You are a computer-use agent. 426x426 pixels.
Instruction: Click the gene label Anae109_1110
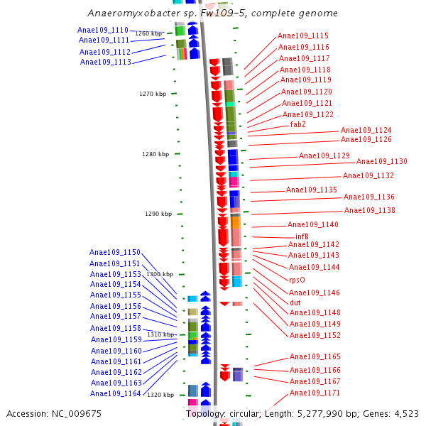pos(103,30)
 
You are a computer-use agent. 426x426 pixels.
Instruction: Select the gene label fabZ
pos(298,124)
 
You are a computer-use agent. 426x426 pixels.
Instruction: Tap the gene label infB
pos(302,236)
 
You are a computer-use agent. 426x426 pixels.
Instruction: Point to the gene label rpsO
pos(297,280)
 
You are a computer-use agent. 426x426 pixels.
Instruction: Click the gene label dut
pos(295,302)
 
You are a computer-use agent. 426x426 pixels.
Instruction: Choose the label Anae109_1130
pos(382,162)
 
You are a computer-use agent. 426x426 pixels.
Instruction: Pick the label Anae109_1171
pos(315,393)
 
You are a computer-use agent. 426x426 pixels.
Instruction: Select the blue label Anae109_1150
pos(115,252)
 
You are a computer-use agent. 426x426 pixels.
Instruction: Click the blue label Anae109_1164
pos(116,393)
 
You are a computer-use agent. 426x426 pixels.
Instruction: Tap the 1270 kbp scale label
pos(153,94)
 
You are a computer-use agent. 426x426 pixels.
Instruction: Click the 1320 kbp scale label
pos(160,395)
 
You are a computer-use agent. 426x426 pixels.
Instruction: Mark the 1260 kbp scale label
pos(148,33)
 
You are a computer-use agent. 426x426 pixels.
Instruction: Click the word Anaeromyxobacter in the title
pos(131,13)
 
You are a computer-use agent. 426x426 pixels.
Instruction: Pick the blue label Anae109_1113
pos(106,62)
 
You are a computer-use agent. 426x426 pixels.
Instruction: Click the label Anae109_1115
pos(303,35)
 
